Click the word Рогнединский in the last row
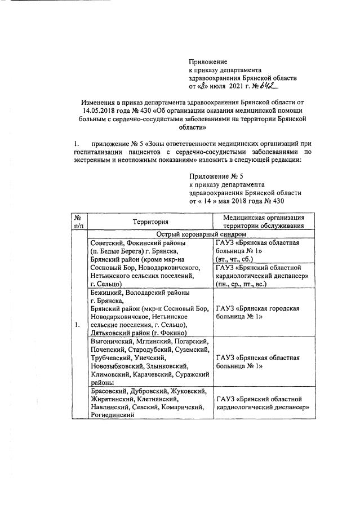113,415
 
